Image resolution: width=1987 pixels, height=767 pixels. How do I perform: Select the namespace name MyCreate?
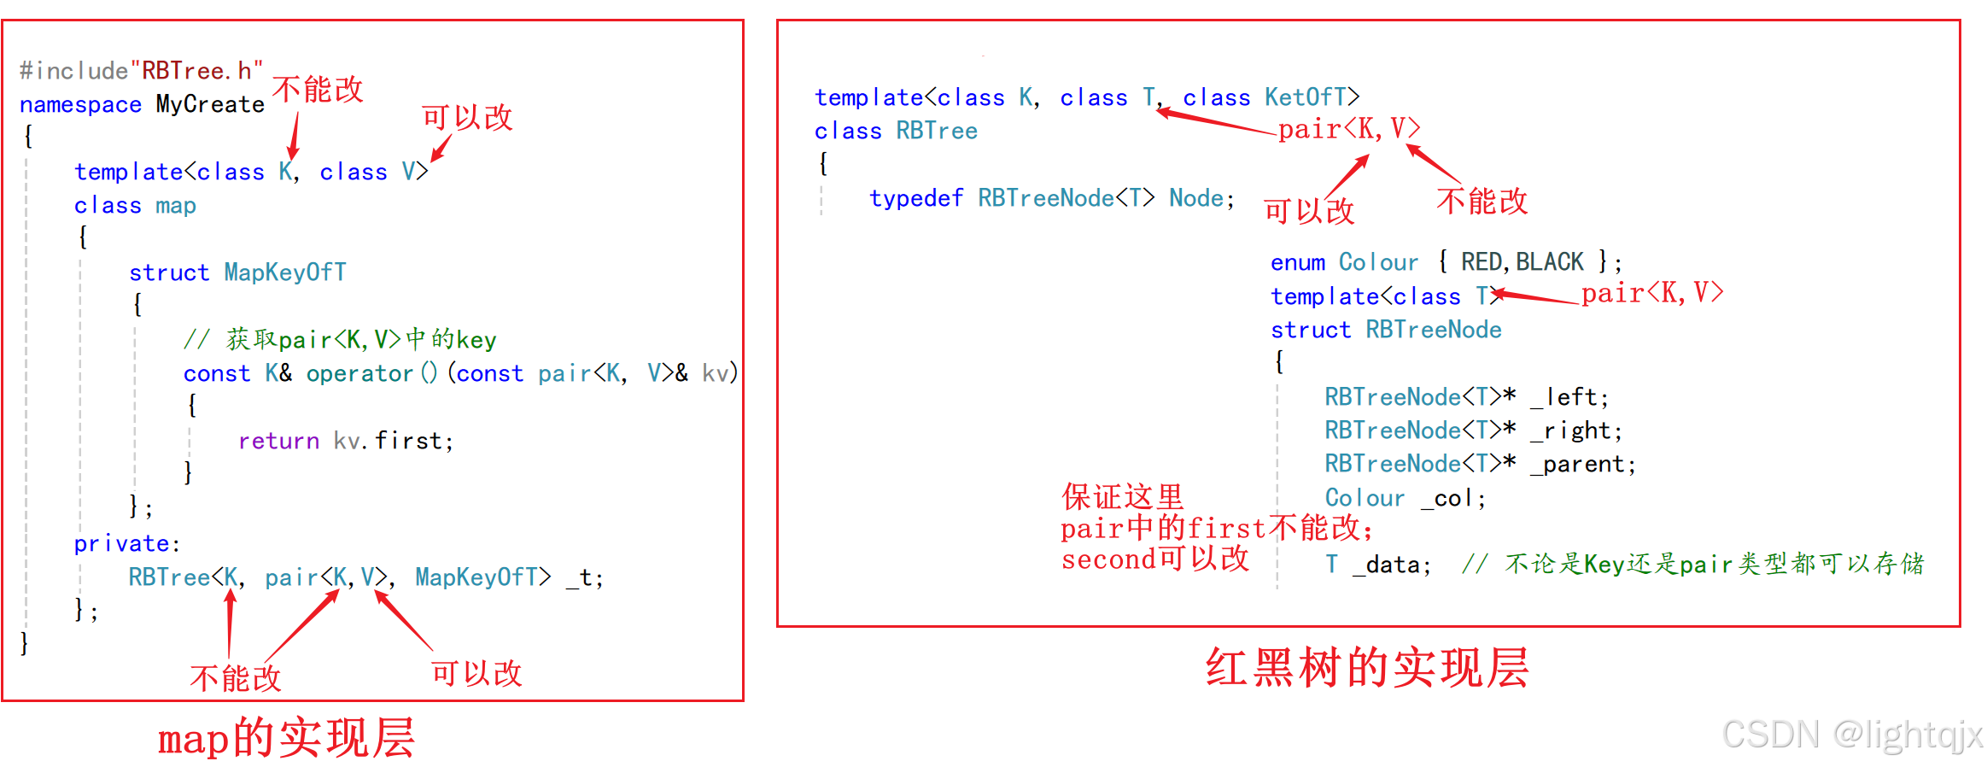210,104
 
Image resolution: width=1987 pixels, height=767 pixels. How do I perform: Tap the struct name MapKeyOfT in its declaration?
285,272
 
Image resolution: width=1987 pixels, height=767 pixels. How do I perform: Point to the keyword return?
278,441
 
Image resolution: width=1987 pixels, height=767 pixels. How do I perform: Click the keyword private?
122,544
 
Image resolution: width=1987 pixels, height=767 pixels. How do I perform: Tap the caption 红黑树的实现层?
1366,667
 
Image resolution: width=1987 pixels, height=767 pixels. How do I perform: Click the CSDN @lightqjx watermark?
1852,735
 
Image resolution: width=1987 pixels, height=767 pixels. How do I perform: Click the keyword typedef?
916,198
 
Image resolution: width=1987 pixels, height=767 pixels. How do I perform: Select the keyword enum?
1298,262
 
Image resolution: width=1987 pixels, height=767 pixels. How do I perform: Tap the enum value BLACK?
1550,261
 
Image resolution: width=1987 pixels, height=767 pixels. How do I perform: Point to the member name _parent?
1579,465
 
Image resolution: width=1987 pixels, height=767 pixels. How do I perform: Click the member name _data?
1389,565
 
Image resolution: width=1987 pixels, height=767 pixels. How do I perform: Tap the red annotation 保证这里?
1122,496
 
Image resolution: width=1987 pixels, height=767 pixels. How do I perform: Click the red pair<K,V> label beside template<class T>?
1652,293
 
